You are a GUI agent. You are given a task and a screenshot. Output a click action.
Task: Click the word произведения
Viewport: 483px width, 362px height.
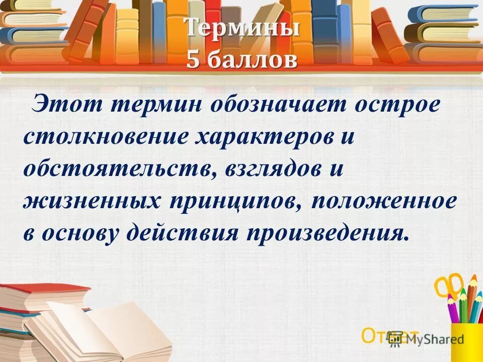pos(325,232)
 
